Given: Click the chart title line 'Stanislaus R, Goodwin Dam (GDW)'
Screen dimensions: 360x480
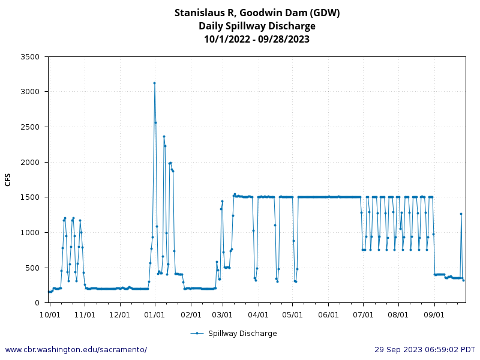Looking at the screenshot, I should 257,13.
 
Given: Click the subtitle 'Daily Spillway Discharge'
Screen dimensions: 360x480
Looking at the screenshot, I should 257,26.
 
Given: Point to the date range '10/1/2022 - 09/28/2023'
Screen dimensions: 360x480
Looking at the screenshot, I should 257,39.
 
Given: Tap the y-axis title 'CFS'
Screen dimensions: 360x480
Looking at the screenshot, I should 8,179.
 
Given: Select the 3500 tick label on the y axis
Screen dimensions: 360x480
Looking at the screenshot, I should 30,57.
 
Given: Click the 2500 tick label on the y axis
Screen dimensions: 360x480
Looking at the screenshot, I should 30,127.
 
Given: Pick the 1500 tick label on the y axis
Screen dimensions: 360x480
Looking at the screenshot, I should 30,197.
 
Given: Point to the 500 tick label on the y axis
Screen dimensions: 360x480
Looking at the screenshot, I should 32,268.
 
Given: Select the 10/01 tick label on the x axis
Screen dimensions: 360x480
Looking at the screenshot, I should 49,314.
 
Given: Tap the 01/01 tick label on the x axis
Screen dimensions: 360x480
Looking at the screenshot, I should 155,314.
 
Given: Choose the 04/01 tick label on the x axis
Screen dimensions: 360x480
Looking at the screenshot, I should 258,314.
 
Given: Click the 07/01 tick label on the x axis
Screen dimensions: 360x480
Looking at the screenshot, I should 364,314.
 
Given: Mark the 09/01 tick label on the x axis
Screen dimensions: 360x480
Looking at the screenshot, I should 434,314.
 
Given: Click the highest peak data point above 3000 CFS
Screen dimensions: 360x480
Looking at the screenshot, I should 154,83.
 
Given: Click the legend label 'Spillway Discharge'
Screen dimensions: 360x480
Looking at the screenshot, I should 242,334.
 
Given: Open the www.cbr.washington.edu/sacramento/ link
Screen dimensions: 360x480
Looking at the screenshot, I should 76,349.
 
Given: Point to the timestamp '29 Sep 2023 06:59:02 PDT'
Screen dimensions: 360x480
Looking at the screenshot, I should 425,349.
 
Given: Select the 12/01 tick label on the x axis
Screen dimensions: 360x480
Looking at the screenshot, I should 120,314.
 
